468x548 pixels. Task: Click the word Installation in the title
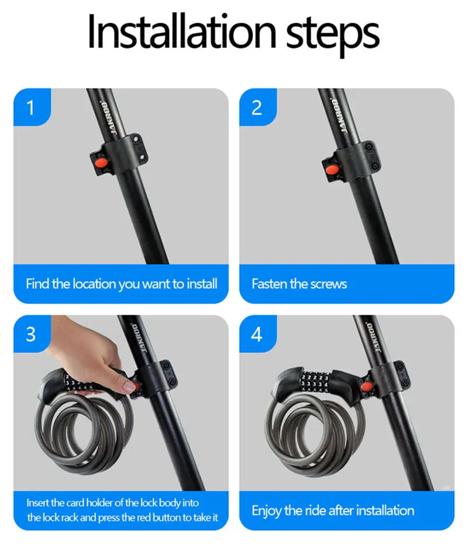[x=182, y=31]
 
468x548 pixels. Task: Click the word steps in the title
[x=332, y=35]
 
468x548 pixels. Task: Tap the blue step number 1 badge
[x=32, y=107]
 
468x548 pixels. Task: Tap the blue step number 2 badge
[x=258, y=107]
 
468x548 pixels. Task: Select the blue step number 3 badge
[x=32, y=334]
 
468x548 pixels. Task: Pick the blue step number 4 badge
[x=258, y=334]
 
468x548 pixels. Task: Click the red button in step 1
[x=101, y=163]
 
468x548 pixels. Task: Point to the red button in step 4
[x=366, y=387]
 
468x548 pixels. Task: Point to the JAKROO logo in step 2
[x=339, y=116]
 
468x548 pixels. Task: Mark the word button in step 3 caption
[x=169, y=517]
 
